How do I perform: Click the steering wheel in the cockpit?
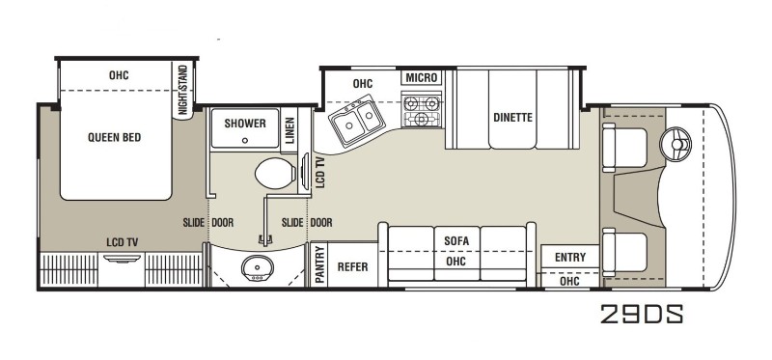tap(675, 145)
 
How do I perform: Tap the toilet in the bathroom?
tap(275, 173)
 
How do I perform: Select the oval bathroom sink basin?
tap(257, 268)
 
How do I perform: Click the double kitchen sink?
tap(357, 121)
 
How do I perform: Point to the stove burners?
tap(422, 110)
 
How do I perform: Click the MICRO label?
tap(422, 78)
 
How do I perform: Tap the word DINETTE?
tap(513, 118)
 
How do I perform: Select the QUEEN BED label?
tap(114, 137)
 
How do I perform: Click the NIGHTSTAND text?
tap(182, 90)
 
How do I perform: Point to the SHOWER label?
tap(245, 124)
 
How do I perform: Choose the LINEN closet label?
tap(289, 130)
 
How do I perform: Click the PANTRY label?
tap(320, 265)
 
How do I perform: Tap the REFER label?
tap(352, 267)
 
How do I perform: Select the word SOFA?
tap(456, 241)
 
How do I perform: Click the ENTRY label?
tap(570, 257)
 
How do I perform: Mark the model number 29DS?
tap(642, 314)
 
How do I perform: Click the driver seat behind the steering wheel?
tap(624, 148)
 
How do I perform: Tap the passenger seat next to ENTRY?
tap(624, 252)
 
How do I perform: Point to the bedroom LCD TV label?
tap(123, 242)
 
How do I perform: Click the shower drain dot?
tap(245, 140)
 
